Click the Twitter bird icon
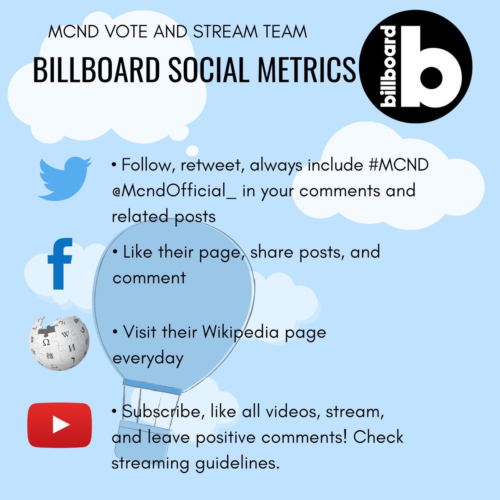(x=65, y=178)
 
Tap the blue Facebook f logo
(x=60, y=264)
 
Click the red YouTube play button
(x=60, y=425)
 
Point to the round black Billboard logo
(x=415, y=67)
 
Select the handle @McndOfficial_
(x=174, y=191)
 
